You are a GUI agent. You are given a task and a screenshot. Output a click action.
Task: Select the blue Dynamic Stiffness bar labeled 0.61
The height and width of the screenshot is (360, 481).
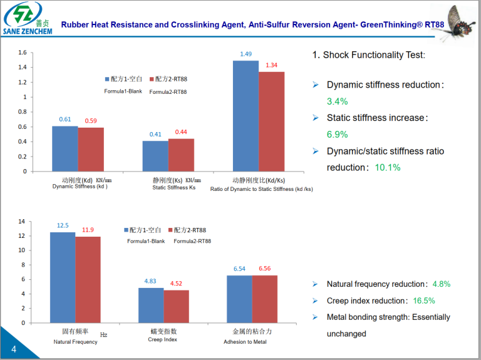click(65, 148)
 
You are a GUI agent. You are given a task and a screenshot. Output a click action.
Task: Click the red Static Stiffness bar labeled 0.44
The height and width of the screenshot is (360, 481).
click(181, 155)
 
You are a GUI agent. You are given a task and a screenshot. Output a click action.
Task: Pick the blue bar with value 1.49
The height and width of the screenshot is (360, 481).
click(246, 116)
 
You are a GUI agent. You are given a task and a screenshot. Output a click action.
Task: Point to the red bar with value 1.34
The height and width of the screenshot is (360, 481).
click(271, 121)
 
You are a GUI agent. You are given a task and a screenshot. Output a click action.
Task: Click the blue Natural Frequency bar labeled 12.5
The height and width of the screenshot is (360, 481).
click(63, 277)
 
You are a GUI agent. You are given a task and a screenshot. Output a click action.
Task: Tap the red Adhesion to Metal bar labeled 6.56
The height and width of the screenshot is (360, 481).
click(265, 299)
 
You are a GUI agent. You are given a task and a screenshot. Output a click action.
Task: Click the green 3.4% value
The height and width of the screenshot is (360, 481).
click(337, 101)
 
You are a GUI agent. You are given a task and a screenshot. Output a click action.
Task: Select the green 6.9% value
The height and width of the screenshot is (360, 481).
click(337, 135)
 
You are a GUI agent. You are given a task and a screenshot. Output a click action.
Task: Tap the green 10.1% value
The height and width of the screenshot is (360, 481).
click(388, 168)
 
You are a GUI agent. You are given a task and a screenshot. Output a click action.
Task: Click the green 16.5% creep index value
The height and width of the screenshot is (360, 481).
click(422, 301)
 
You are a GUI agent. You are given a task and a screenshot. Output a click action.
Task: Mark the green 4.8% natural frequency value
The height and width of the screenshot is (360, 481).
click(441, 284)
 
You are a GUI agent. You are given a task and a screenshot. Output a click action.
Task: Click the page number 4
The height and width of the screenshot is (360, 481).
click(13, 348)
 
